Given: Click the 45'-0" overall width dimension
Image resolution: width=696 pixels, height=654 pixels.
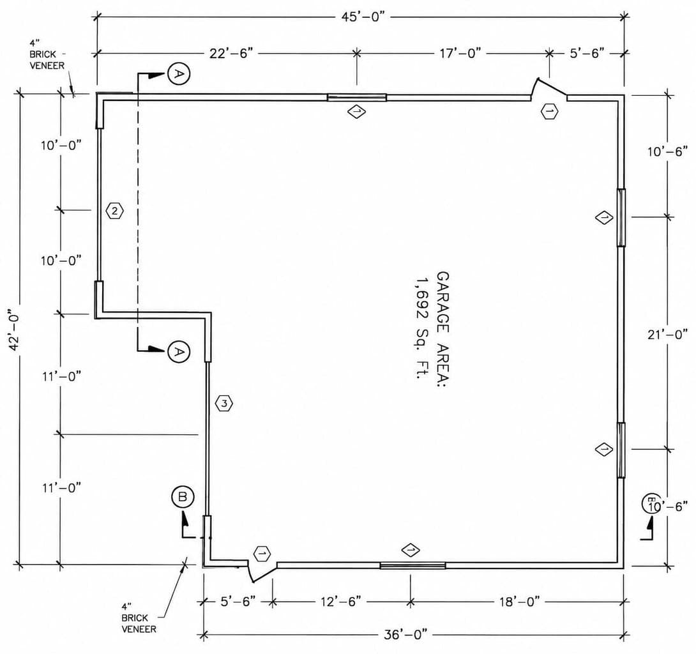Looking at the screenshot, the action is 363,17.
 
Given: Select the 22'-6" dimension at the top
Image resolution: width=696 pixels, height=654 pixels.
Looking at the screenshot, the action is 231,53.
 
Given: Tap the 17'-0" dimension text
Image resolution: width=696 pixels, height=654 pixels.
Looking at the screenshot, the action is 460,53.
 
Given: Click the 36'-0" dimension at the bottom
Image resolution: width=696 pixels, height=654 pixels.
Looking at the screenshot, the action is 405,634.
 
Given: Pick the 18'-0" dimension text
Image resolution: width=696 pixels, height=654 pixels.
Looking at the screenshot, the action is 519,602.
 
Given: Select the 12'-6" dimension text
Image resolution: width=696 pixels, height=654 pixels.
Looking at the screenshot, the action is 341,602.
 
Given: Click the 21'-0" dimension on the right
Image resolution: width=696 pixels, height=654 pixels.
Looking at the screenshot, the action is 667,334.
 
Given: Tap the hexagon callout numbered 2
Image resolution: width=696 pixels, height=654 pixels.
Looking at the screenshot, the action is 115,211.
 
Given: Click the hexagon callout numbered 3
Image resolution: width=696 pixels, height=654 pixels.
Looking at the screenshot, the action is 224,404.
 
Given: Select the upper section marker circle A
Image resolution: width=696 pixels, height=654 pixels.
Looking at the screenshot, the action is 179,73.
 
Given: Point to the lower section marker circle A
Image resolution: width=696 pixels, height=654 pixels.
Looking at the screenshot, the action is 179,352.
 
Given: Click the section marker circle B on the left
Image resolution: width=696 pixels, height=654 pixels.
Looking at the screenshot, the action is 183,497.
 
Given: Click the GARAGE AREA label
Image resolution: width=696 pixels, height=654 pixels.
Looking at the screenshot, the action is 443,329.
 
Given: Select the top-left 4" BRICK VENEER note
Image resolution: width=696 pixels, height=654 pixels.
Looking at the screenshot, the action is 47,55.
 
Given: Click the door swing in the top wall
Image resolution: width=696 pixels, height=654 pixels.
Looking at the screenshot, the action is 549,89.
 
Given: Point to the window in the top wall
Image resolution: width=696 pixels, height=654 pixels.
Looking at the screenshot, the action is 357,98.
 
